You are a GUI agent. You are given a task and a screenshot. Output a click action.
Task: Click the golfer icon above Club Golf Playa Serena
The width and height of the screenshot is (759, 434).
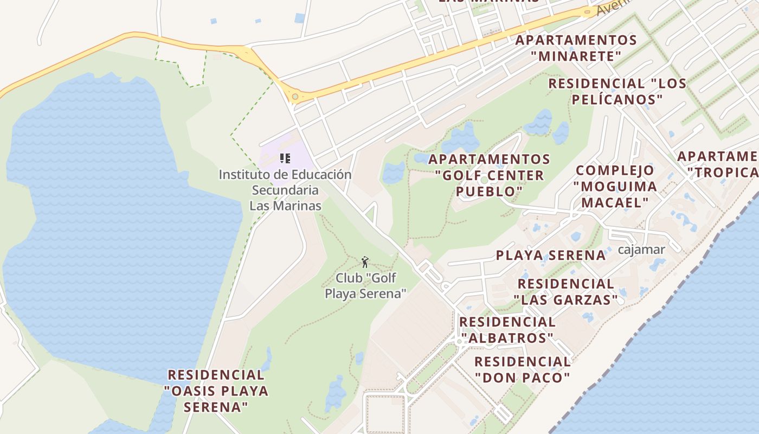[365, 262]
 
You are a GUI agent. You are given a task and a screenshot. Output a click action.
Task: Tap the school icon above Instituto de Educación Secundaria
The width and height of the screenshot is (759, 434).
[285, 158]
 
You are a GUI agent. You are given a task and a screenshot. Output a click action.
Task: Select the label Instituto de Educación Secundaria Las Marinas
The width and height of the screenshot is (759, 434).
[285, 190]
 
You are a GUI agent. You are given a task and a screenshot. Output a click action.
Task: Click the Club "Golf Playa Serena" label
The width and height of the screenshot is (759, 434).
[365, 286]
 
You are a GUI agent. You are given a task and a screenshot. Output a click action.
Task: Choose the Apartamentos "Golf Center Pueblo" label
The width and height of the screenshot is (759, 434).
[490, 175]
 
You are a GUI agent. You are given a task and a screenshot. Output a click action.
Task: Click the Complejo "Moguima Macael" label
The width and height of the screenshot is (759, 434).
[615, 186]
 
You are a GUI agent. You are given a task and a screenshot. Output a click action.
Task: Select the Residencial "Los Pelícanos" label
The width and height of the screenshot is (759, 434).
[618, 92]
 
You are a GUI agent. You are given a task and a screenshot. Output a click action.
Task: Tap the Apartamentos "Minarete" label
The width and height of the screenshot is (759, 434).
[576, 48]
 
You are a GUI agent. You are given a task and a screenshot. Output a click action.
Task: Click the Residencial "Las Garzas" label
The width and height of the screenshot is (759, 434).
[566, 291]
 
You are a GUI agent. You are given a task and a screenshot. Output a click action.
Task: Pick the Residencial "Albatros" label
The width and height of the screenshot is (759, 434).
[507, 330]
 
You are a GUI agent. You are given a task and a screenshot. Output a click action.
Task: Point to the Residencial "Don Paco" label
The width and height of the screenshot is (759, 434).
[523, 369]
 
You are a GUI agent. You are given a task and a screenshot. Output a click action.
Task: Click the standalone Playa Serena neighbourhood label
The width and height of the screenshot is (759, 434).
[551, 256]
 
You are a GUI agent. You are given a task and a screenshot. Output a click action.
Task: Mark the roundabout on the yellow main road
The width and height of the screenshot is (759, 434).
[295, 97]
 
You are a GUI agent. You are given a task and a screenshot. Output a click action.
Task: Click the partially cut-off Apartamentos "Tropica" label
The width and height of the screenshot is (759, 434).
[718, 164]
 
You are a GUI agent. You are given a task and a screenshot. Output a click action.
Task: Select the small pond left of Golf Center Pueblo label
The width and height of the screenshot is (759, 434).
[394, 173]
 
